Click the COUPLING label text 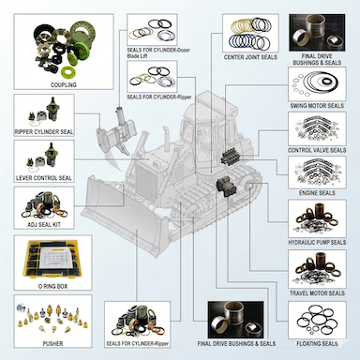[63, 84]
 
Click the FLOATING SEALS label [318, 343]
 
